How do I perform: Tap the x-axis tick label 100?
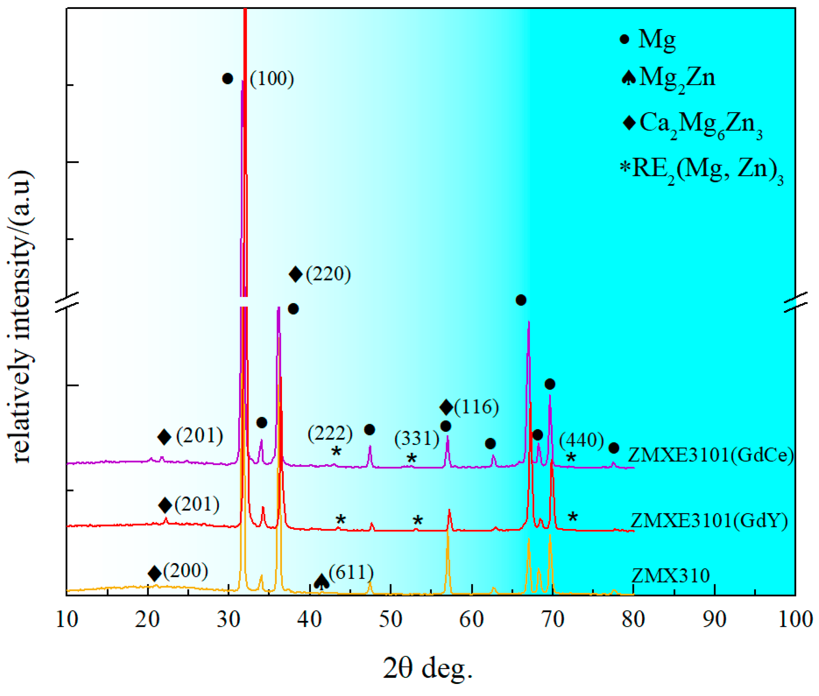(795, 619)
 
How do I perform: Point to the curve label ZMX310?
(670, 575)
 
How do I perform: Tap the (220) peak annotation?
(328, 274)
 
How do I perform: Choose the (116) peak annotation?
(476, 407)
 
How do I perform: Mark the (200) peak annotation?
(186, 570)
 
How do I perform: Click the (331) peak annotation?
(417, 438)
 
